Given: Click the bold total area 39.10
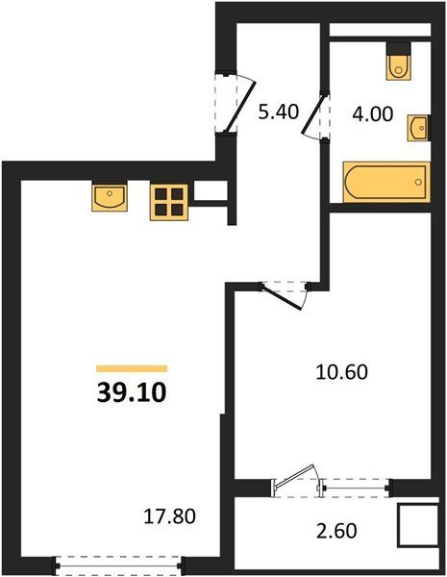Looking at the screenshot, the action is (132, 392).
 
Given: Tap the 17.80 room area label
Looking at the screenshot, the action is (169, 516).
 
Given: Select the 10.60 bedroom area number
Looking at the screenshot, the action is (342, 371).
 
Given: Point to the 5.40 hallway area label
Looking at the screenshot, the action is (278, 112).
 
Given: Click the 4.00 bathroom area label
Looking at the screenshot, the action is (373, 114).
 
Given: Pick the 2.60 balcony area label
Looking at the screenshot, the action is (336, 531).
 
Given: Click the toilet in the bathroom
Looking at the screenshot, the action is (398, 62).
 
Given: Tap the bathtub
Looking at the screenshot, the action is (386, 182).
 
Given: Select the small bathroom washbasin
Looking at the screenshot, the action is (418, 128).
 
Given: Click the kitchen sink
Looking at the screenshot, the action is (110, 196).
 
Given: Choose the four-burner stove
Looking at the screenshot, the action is (169, 202).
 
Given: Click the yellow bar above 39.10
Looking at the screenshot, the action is (132, 368).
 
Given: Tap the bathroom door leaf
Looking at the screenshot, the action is (313, 114).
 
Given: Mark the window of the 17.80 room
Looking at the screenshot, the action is (118, 566).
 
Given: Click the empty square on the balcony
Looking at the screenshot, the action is (418, 525).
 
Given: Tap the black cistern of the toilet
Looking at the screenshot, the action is (398, 48).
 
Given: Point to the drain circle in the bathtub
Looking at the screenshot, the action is (418, 182).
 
